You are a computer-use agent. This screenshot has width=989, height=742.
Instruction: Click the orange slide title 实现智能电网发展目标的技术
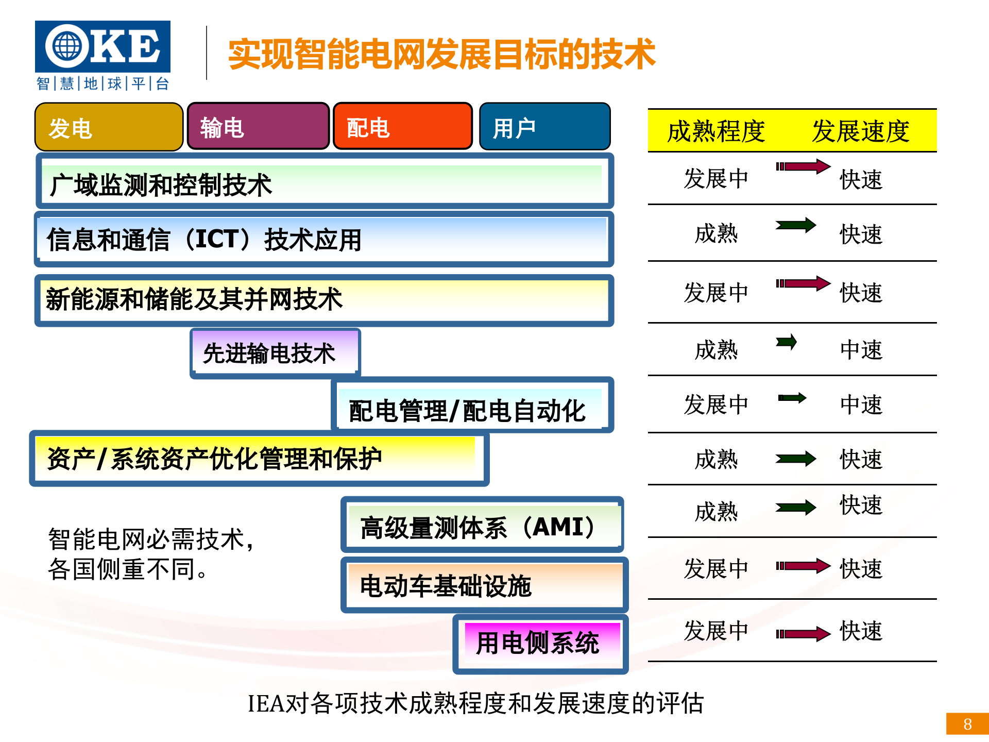441,54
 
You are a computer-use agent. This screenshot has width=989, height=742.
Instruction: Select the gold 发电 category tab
109,127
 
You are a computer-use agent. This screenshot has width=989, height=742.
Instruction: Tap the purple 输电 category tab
258,127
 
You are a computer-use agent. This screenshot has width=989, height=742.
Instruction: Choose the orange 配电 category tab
403,127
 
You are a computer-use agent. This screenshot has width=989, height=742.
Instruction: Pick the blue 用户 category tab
544,127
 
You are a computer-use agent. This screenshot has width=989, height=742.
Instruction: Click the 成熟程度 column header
716,131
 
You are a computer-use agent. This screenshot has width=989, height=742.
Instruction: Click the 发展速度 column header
860,131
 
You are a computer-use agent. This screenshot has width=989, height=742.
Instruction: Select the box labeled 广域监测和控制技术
324,183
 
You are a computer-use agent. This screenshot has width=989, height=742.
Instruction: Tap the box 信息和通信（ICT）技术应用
324,239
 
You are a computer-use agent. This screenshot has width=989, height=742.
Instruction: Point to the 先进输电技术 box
275,353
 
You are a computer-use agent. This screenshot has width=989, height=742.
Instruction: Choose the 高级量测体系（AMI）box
482,526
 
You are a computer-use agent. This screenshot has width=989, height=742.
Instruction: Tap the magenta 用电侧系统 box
541,643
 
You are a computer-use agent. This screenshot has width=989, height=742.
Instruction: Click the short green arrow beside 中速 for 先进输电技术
787,342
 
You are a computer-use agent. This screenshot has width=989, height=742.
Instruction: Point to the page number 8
967,724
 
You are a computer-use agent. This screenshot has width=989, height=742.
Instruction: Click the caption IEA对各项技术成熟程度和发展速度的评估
475,703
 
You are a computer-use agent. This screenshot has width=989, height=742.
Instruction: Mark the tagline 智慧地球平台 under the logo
103,83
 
